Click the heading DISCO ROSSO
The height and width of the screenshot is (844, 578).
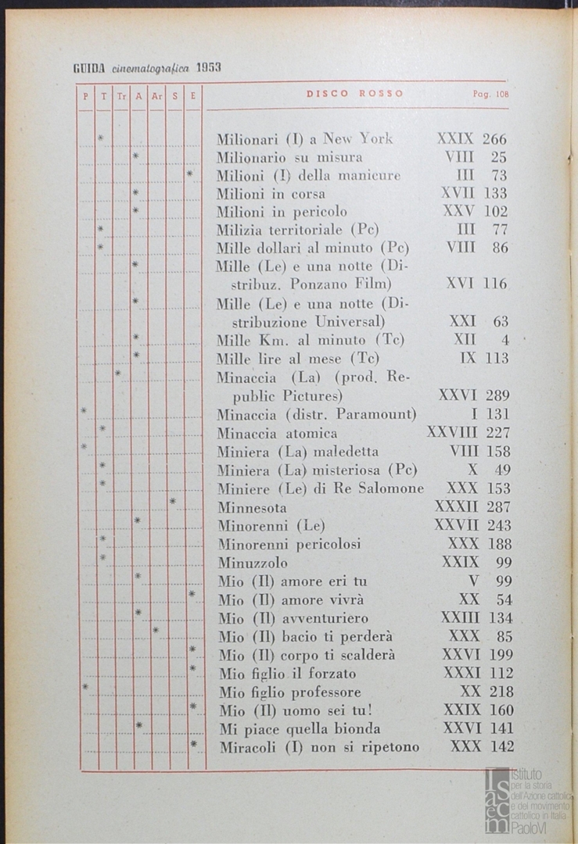click(355, 94)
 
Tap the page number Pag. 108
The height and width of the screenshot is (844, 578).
click(490, 95)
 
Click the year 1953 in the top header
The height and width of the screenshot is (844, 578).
click(209, 67)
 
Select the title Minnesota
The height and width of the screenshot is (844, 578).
click(253, 506)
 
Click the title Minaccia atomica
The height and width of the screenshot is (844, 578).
click(278, 433)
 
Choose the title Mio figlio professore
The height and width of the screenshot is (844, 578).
click(290, 692)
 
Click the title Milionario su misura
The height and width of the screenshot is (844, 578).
click(289, 157)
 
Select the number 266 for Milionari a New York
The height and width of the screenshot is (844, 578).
click(494, 139)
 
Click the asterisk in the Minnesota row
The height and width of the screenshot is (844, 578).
click(173, 501)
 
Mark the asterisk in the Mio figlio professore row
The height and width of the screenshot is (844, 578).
click(85, 687)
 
